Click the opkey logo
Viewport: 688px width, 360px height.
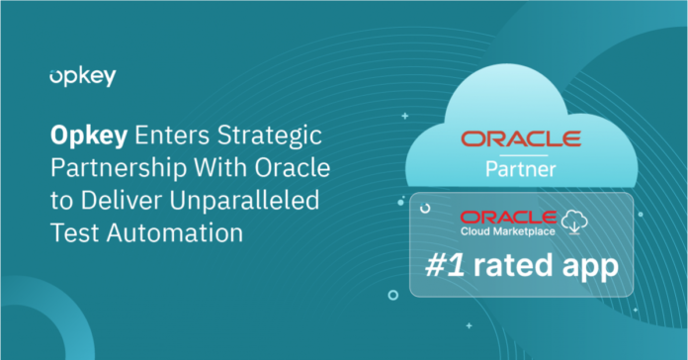(x=81, y=76)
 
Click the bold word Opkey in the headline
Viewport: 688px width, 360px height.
(x=81, y=132)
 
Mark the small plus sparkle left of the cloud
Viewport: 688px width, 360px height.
(x=403, y=116)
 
